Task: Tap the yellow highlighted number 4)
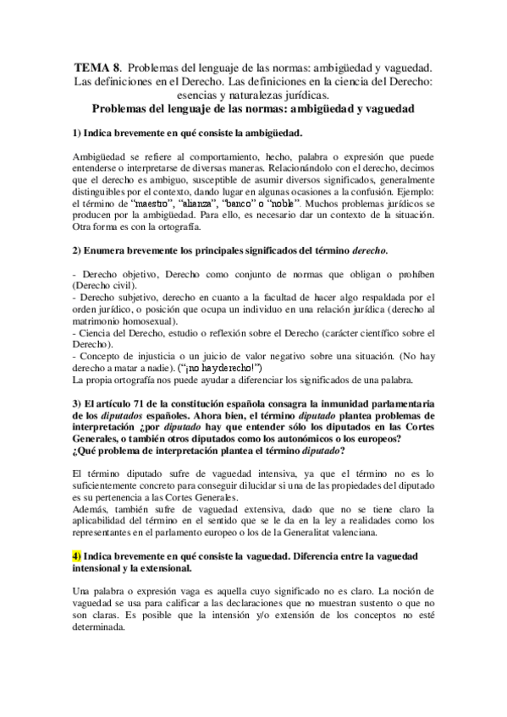tap(79, 555)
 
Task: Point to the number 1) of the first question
tap(78, 134)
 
